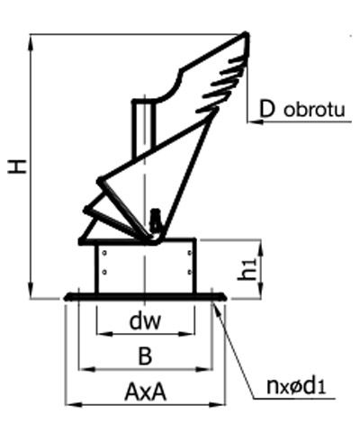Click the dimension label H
click(x=18, y=166)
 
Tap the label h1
click(x=248, y=269)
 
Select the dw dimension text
click(x=145, y=321)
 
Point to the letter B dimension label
click(x=146, y=356)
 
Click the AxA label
click(x=145, y=391)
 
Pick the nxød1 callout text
click(x=296, y=386)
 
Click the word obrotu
click(x=314, y=110)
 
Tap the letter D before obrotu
click(x=266, y=109)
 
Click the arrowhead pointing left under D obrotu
click(x=255, y=121)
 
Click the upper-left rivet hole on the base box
click(x=104, y=253)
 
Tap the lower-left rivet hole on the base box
click(x=104, y=272)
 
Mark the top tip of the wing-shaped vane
click(x=246, y=34)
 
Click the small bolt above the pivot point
click(x=155, y=220)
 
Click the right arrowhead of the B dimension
click(x=204, y=369)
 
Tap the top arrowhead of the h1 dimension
click(x=260, y=248)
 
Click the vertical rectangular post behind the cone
click(x=144, y=128)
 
